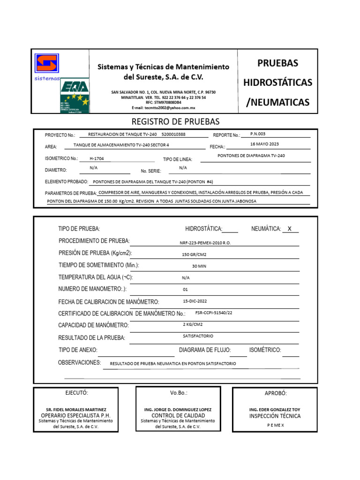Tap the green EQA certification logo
click(x=75, y=95)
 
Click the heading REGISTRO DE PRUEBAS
click(x=175, y=122)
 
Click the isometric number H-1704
click(x=97, y=158)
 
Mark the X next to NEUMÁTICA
click(x=290, y=229)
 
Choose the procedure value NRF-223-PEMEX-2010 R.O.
click(x=205, y=243)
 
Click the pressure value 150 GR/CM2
click(x=194, y=255)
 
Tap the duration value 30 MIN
click(x=199, y=266)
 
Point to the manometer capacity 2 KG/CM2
click(x=193, y=324)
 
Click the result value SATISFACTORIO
click(x=198, y=336)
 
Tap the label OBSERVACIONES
click(x=79, y=363)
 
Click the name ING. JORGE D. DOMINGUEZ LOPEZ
click(x=178, y=409)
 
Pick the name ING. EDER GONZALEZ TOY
click(x=275, y=409)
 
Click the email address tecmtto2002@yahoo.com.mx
click(x=164, y=108)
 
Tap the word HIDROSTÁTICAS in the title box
click(x=277, y=82)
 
